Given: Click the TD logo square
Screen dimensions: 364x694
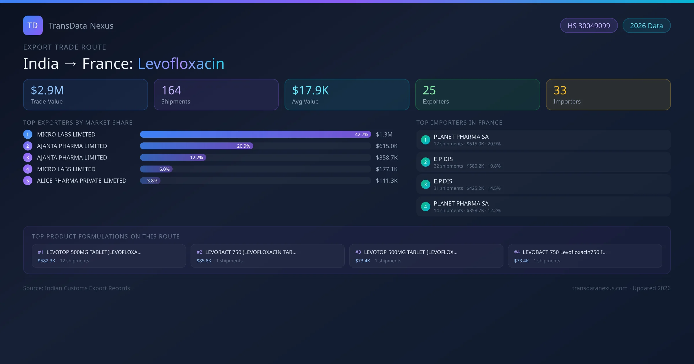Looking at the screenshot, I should point(33,25).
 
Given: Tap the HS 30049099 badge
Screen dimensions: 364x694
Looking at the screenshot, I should point(589,26).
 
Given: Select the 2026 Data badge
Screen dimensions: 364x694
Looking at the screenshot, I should point(646,26).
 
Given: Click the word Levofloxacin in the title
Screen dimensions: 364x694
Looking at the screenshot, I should point(181,64).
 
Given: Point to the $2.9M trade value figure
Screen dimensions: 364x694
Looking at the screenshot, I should point(47,90).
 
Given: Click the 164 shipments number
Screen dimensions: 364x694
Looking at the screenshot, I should point(171,90).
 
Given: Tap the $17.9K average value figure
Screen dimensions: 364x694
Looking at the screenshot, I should point(310,90).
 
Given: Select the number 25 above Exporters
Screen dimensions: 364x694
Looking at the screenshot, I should point(429,90).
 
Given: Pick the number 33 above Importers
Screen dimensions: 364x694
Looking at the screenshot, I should point(560,90).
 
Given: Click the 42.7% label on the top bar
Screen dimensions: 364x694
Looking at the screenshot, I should point(361,135).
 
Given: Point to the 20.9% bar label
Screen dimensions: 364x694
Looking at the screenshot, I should point(243,146).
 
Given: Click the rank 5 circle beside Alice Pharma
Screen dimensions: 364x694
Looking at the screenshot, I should point(28,181).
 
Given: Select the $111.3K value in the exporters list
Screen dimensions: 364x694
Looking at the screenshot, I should point(387,181).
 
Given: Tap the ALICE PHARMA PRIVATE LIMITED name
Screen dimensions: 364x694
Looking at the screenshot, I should point(82,181).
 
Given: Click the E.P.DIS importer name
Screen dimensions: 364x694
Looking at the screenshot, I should point(443,181).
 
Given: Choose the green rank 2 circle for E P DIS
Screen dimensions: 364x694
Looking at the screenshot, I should point(425,162).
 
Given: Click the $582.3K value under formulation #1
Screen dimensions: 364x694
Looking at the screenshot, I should point(47,261).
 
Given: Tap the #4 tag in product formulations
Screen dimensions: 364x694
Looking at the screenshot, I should point(517,252).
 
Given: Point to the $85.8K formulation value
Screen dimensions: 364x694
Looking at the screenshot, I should point(204,261).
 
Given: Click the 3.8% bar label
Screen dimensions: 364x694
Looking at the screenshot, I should point(152,181).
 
